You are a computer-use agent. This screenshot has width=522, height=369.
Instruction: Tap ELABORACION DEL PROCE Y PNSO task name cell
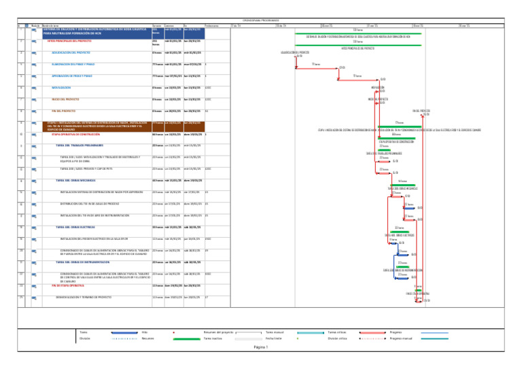73,65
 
